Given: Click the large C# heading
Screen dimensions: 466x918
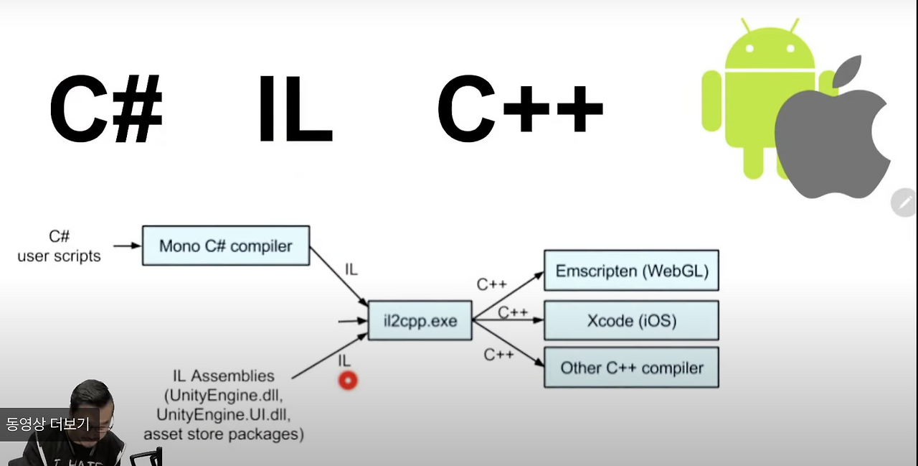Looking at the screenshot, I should coord(105,110).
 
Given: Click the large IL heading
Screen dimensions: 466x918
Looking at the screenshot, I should coord(295,110).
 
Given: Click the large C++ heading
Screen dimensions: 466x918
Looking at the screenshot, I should coord(520,110).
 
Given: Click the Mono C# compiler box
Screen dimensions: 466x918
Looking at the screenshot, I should coord(226,246).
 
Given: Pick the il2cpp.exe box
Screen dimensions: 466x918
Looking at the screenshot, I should coord(420,320).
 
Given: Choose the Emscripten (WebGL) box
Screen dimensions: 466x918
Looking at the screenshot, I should coord(631,271).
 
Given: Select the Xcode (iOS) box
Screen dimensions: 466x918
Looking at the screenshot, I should coord(631,320).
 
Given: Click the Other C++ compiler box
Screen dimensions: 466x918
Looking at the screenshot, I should coord(631,368).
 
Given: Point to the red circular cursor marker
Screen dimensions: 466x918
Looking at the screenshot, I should coord(348,381).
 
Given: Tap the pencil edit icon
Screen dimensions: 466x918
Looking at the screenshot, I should coord(903,203).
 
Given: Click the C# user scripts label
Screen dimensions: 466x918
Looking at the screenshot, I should coord(59,246).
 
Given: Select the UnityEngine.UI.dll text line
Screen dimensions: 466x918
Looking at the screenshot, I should coord(224,415).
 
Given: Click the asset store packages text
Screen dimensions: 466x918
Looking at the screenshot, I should coord(224,434).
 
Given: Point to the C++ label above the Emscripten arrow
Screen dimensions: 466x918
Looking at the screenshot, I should coord(492,284).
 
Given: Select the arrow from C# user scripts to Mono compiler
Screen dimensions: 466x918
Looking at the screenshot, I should coord(127,246).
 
